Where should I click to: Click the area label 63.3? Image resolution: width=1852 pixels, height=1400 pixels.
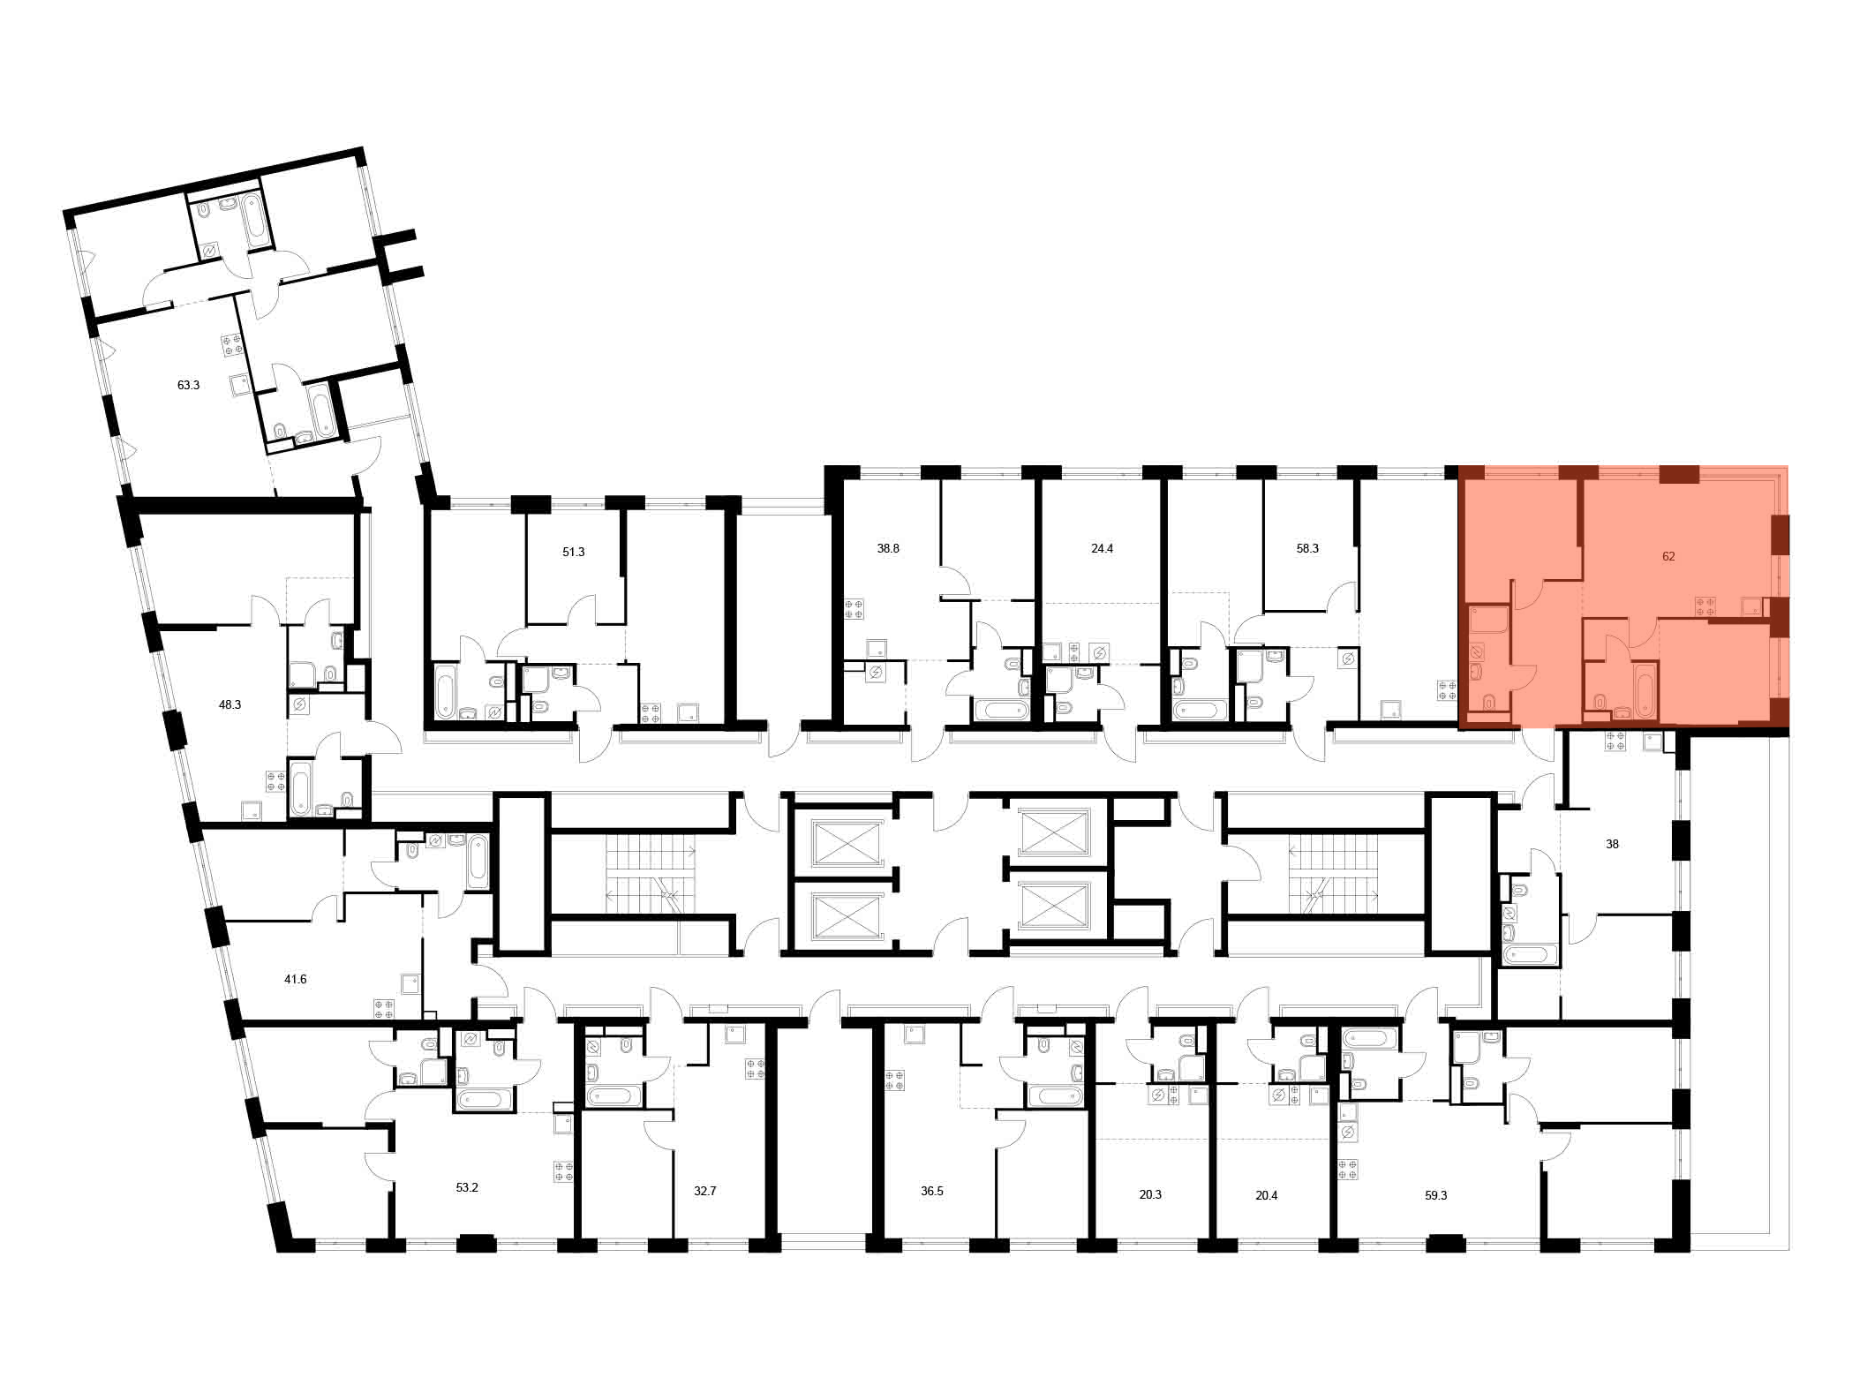188,385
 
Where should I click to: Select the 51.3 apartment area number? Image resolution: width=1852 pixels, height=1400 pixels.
574,552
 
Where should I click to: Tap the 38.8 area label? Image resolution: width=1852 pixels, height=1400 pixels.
888,548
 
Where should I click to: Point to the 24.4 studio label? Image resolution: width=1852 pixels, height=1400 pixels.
1102,548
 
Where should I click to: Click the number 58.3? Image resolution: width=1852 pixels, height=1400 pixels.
1307,548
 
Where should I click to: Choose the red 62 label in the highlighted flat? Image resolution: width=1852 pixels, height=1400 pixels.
1668,556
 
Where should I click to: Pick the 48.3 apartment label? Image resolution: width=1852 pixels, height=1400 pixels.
230,704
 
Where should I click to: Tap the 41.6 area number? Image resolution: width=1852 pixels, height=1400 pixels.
295,979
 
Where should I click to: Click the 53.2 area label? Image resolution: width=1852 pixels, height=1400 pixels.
467,1187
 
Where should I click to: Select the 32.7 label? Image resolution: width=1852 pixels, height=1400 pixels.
705,1191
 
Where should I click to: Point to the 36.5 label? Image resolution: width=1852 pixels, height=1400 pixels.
932,1191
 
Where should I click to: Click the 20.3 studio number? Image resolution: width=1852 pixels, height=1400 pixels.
1150,1194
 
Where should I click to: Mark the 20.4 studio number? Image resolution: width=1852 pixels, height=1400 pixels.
1267,1195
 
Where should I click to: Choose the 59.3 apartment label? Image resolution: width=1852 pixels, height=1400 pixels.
1436,1195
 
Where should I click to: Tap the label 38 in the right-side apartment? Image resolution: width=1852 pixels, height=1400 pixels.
1612,844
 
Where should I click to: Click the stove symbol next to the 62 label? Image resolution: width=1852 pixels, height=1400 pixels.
1705,606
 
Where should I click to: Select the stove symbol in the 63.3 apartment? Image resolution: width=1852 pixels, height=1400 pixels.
232,344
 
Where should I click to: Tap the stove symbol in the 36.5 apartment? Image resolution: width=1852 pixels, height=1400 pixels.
895,1080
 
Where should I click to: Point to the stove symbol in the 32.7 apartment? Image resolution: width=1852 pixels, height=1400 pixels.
756,1069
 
